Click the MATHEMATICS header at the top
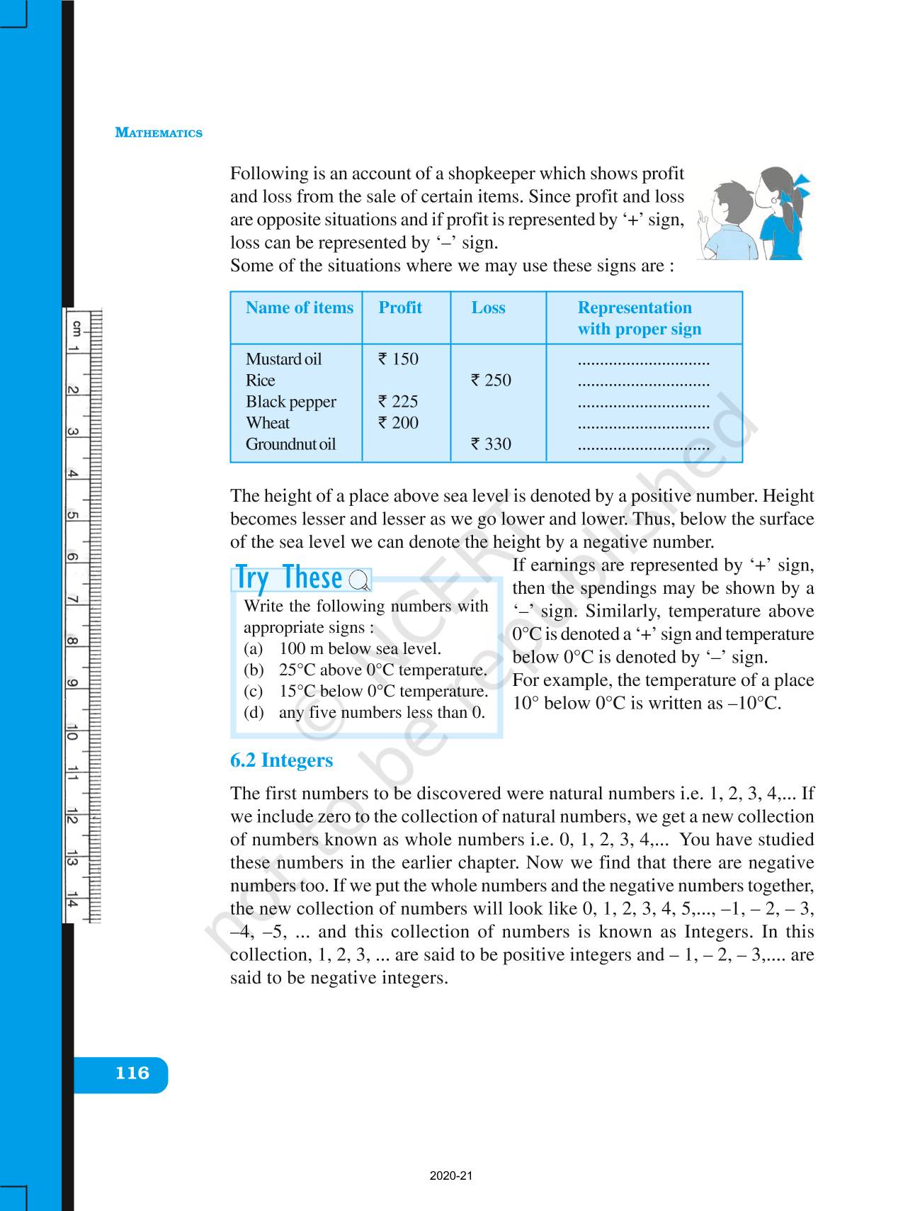pyautogui.click(x=159, y=133)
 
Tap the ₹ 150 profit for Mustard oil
pyautogui.click(x=398, y=359)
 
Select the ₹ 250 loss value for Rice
pyautogui.click(x=491, y=381)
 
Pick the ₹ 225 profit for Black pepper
pyautogui.click(x=398, y=402)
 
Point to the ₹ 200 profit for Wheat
pyautogui.click(x=398, y=423)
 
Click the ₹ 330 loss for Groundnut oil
pyautogui.click(x=491, y=444)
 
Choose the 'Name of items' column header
pyautogui.click(x=299, y=308)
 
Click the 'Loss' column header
pyautogui.click(x=488, y=308)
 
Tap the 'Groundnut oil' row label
pyautogui.click(x=290, y=444)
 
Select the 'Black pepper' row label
pyautogui.click(x=290, y=402)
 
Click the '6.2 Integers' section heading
pyautogui.click(x=281, y=760)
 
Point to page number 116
pyautogui.click(x=132, y=1073)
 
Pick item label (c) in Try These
pyautogui.click(x=253, y=692)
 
